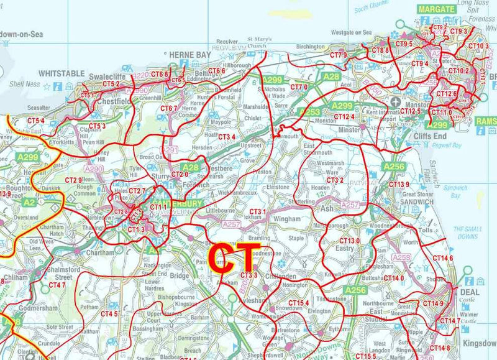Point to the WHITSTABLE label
point(62,73)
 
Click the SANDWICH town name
point(416,201)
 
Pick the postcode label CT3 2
point(335,180)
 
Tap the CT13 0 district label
point(350,241)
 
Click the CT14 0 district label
point(394,278)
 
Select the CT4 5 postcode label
point(110,313)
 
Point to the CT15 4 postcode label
point(298,303)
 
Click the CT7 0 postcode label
point(299,87)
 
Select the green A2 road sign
point(29,202)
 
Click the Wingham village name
point(286,219)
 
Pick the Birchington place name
point(310,47)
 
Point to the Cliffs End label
point(429,136)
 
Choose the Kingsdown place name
point(480,343)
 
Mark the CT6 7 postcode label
point(169,108)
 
